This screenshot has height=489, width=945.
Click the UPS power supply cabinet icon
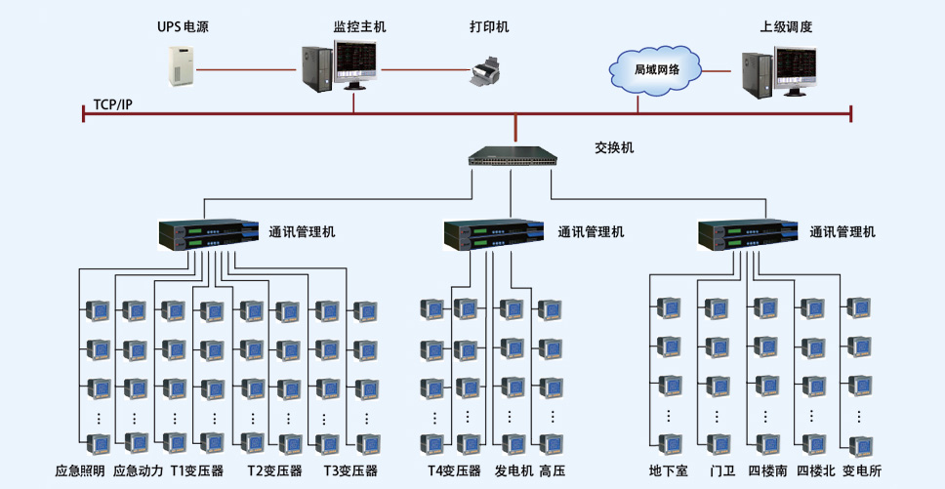182,65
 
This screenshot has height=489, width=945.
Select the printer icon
486,71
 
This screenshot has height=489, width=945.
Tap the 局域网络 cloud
656,69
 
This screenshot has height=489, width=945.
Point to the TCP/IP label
112,104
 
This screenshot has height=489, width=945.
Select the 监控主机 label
360,27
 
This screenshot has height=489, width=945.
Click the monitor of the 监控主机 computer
355,64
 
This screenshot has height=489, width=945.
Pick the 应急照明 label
79,470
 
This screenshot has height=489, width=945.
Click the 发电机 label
514,470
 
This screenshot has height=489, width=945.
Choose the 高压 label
553,470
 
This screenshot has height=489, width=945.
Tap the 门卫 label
722,470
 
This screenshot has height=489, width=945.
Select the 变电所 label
862,470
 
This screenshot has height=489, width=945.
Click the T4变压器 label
454,470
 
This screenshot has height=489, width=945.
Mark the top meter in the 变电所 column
858,307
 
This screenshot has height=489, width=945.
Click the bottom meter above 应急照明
99,444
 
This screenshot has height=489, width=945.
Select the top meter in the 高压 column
550,309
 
